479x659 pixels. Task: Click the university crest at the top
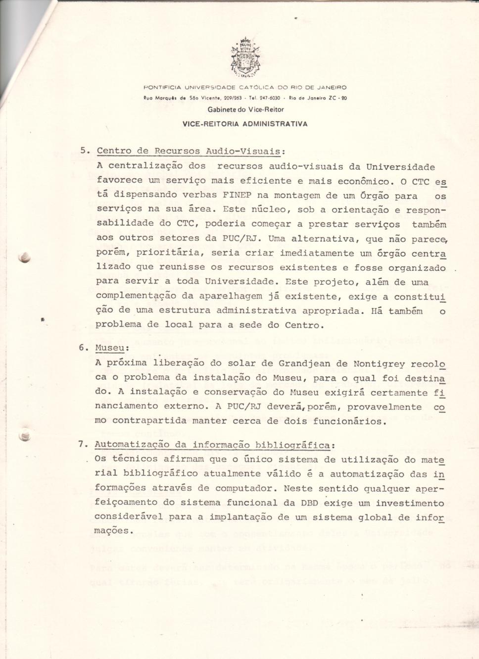tap(245, 58)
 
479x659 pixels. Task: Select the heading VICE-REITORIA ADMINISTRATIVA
tap(245, 124)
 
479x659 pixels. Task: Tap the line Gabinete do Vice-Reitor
tap(245, 109)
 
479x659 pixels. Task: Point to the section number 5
tap(84, 151)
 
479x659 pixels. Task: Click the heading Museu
tap(109, 348)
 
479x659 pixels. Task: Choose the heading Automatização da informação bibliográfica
tap(212, 444)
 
